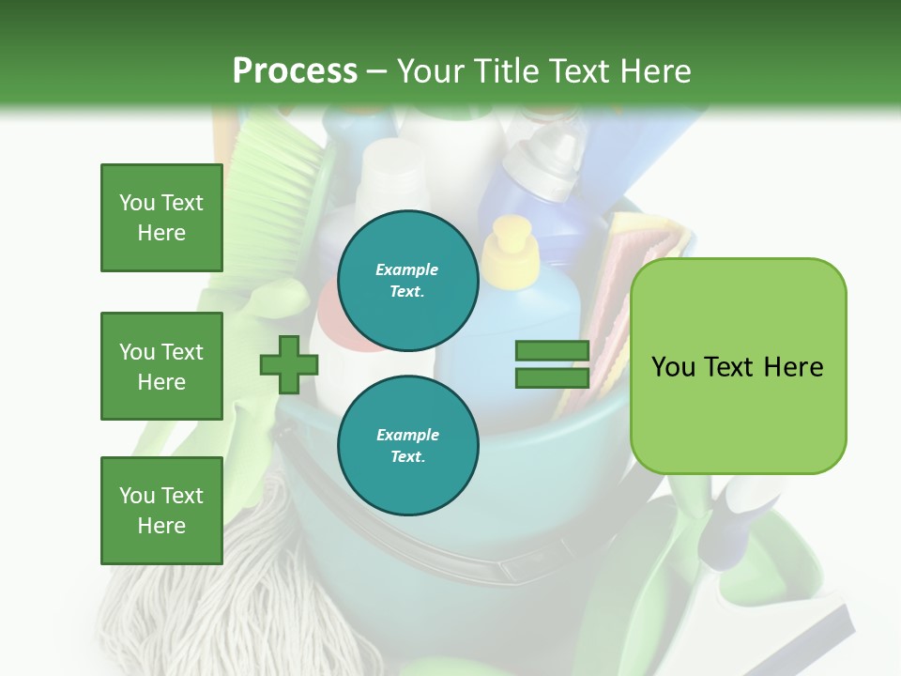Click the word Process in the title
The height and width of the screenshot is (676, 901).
(295, 71)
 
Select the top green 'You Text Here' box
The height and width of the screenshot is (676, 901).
(161, 218)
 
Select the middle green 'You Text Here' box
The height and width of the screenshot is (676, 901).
(161, 366)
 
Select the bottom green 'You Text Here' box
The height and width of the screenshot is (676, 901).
(161, 511)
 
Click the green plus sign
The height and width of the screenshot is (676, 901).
(289, 365)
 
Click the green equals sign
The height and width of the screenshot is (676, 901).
(552, 364)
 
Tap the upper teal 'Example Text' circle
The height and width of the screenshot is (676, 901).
(407, 280)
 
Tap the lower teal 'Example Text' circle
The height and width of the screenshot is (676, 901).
(407, 445)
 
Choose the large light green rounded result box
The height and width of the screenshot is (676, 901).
(738, 366)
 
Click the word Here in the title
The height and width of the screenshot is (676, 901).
(656, 71)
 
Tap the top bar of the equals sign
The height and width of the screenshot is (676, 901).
(552, 351)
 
